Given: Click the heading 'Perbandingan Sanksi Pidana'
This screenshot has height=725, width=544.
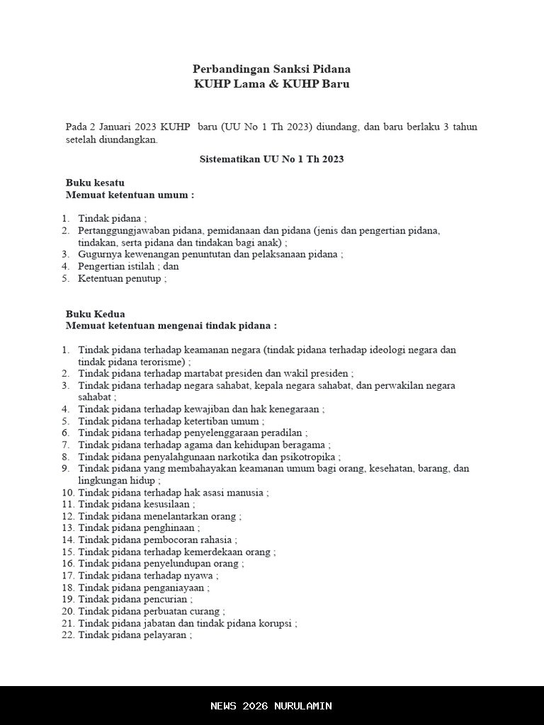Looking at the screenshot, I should click(271, 69).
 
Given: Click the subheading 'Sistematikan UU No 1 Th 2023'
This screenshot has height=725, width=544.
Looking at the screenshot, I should click(271, 159).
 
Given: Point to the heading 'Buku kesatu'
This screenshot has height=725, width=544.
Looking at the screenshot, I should click(95, 183).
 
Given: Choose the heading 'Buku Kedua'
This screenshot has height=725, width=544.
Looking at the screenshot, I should click(95, 314).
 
